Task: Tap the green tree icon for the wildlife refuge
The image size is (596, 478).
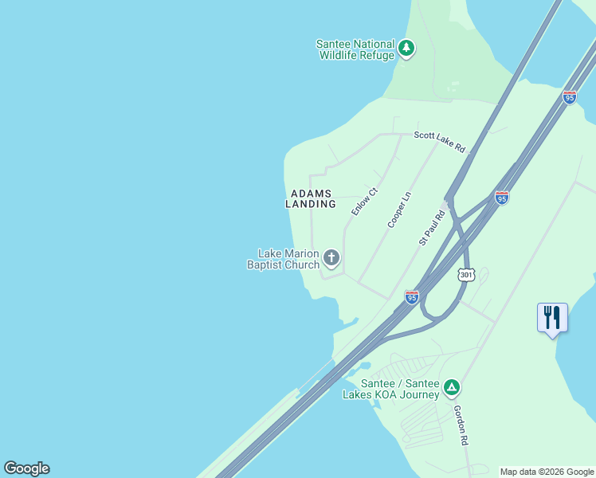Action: pos(407,48)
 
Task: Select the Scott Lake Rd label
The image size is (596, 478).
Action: pos(439,140)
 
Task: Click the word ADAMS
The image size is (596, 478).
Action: pos(311,194)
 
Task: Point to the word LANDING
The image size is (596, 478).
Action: pos(311,204)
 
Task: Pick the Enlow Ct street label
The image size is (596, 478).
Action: pos(364,201)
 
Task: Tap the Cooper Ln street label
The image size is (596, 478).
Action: pos(399,210)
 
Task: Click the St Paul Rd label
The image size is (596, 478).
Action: pos(432,228)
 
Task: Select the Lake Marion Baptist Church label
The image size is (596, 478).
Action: pos(283,259)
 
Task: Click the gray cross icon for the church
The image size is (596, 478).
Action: pos(331,257)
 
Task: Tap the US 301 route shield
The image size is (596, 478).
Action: pos(467,275)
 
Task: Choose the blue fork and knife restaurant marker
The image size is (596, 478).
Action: pos(552,318)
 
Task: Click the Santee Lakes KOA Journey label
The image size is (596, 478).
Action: pos(391,389)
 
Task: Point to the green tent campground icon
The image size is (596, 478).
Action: pos(452,388)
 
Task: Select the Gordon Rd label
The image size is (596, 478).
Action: pos(461,424)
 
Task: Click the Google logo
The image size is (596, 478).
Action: pos(26,468)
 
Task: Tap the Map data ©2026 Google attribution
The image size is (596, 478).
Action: pos(547,472)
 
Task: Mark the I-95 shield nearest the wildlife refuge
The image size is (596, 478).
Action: pos(569,97)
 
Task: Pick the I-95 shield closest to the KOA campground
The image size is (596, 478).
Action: pos(411,297)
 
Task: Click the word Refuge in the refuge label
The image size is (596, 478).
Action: pos(377,56)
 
